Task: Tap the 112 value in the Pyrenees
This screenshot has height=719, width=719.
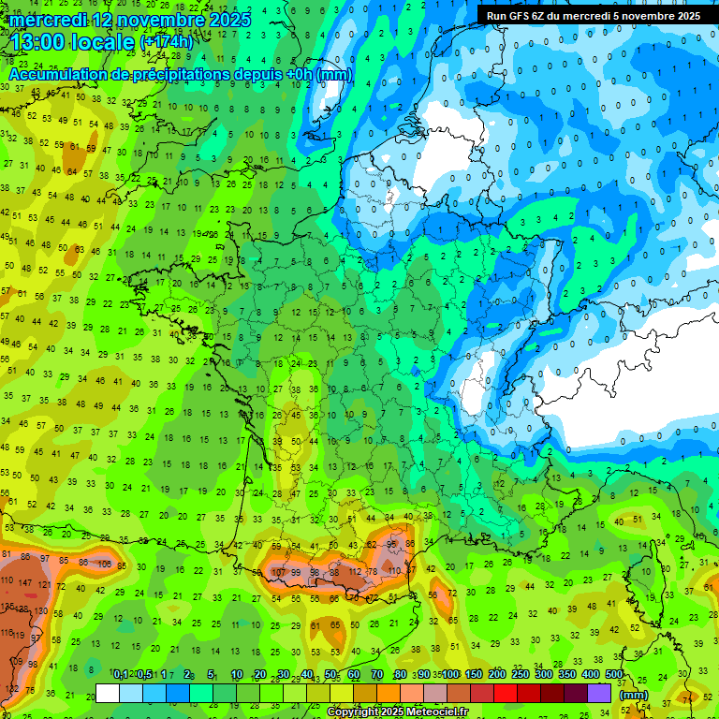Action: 355,571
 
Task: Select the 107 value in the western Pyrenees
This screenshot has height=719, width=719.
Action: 278,571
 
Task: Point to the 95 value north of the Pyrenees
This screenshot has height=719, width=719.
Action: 393,544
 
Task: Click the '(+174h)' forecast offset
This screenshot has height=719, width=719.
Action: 166,43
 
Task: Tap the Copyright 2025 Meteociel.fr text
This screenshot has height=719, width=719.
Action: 405,712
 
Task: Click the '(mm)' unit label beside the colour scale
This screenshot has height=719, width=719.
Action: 633,695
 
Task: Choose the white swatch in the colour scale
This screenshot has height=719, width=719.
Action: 108,693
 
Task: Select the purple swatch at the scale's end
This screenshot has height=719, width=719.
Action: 599,693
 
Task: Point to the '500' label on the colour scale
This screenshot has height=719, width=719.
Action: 613,675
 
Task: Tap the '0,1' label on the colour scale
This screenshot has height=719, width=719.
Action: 121,675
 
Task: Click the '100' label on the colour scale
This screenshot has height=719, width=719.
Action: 450,675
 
